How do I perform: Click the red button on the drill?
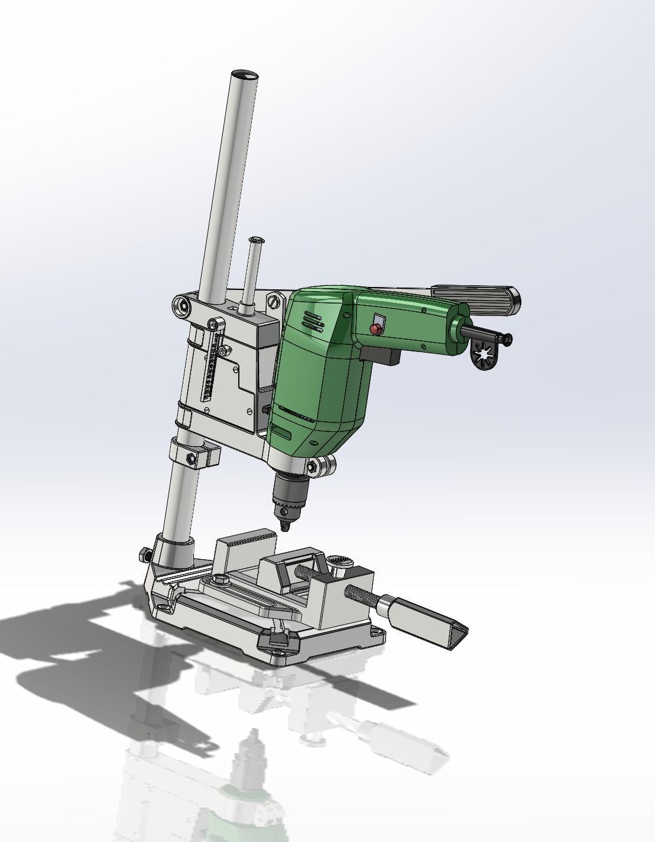click(x=375, y=328)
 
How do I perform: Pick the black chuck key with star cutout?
click(x=487, y=358)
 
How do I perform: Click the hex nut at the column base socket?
click(x=144, y=555)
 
